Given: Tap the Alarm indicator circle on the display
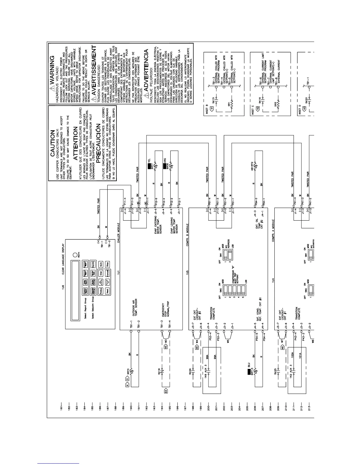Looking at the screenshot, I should [75, 255].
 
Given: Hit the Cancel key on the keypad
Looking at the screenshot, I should [108, 274].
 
